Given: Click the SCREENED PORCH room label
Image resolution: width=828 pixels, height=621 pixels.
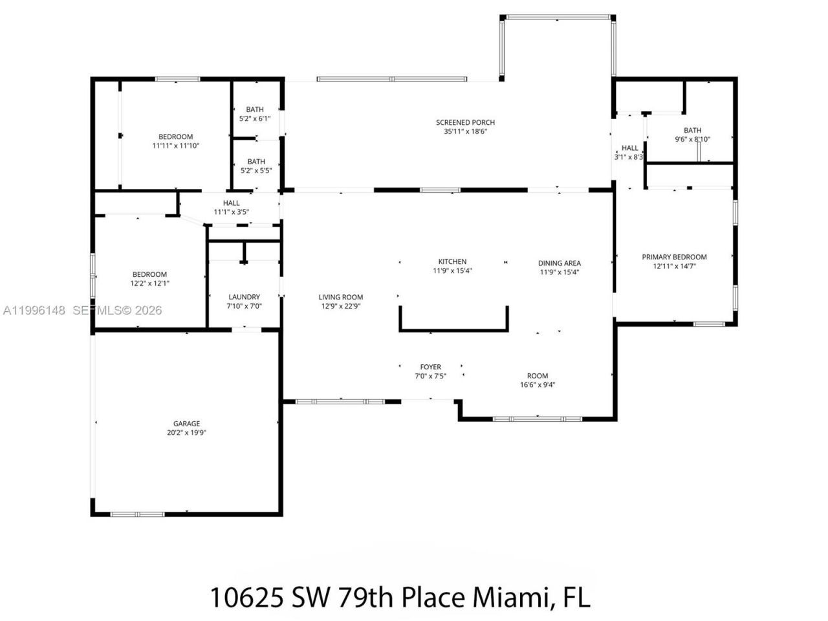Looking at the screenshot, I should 465,122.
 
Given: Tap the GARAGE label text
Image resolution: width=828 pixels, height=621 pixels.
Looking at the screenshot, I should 186,424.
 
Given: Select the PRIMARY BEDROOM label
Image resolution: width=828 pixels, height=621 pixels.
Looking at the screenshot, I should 674,257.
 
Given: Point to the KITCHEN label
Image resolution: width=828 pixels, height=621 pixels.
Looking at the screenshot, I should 452,262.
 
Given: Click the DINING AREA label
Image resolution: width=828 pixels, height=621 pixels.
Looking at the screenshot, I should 560,263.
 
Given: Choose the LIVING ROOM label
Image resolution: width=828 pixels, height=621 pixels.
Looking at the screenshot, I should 340,298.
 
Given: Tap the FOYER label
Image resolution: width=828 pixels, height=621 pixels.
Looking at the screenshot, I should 430,367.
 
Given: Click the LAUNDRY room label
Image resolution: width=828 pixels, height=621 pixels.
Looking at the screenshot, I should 244,297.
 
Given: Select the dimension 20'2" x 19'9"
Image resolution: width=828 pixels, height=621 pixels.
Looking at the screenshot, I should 186,433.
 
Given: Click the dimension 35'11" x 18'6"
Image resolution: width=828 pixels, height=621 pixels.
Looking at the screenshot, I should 465,131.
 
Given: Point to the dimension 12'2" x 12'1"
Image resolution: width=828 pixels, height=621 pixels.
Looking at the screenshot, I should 150,283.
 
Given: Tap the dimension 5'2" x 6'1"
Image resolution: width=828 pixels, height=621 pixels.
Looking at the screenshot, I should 255,118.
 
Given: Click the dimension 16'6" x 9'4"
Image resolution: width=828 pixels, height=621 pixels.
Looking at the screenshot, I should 538,385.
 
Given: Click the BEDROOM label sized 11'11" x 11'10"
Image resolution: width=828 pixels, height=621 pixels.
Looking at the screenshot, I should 175,136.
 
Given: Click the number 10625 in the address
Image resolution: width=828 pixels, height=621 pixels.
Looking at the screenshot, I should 247,596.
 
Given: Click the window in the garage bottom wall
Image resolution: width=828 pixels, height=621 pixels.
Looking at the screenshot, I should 137,514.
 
